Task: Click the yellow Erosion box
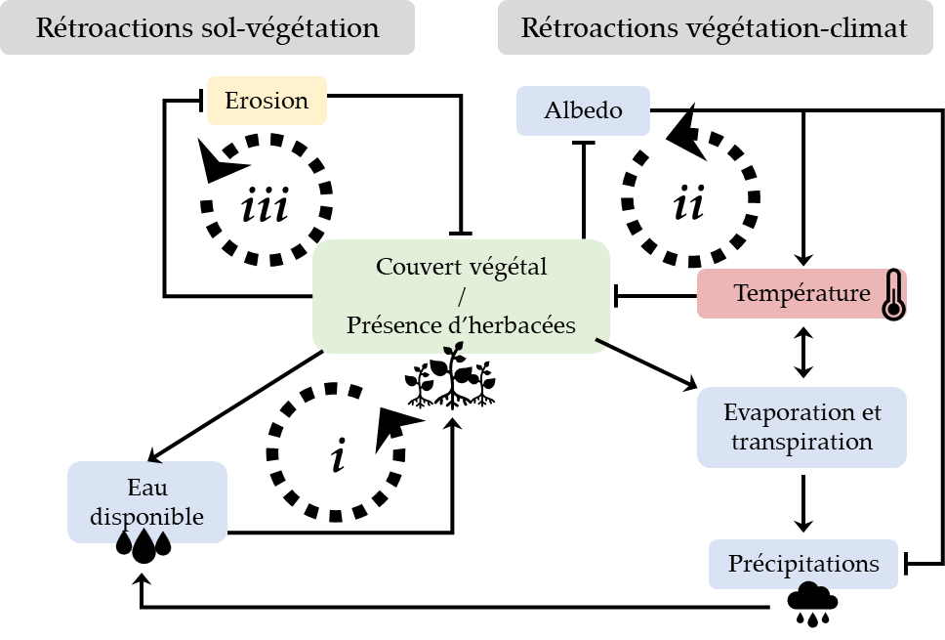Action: pos(267,101)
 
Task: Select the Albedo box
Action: pos(583,110)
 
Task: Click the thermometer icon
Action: pos(892,295)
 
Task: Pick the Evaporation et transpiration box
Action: pos(801,427)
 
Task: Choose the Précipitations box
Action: pos(802,565)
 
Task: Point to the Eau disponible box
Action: pos(147,502)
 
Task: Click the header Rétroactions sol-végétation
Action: pos(207,27)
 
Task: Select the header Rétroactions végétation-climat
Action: pos(714,27)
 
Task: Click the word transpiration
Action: pos(801,442)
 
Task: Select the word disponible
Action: pos(147,517)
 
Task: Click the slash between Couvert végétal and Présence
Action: pos(461,296)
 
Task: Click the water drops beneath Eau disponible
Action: pos(144,538)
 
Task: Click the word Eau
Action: pos(147,488)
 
